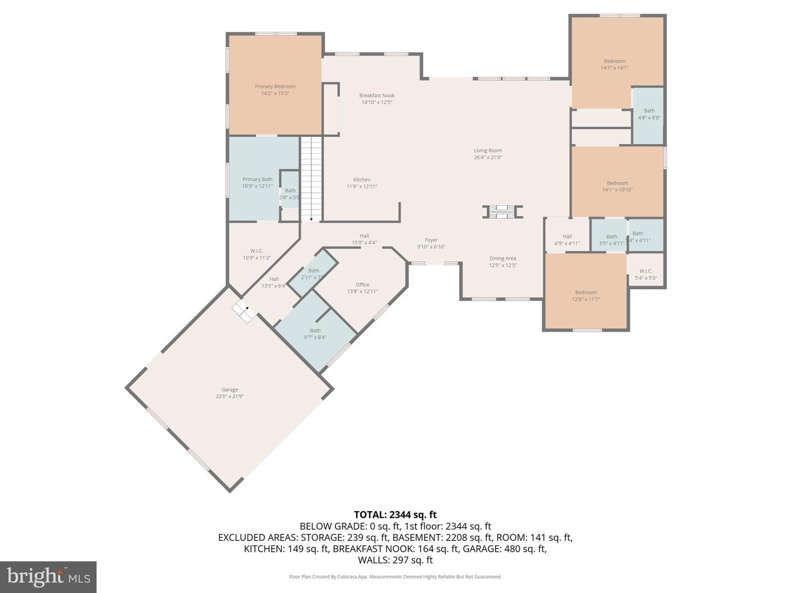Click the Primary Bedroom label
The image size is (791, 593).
click(275, 86)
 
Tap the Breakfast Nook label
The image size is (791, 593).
click(377, 96)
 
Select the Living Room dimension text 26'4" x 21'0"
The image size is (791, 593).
click(488, 158)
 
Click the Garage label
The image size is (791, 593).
click(230, 390)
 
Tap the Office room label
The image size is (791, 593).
click(362, 284)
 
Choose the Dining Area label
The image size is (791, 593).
click(503, 259)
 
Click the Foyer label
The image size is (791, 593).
click(431, 240)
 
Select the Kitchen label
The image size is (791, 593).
click(361, 180)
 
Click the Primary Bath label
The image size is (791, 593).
click(257, 180)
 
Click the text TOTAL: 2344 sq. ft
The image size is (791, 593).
click(395, 514)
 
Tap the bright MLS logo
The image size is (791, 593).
click(48, 577)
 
